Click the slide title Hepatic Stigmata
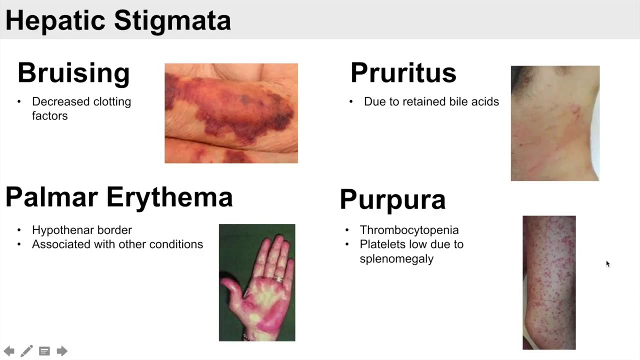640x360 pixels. click(x=118, y=21)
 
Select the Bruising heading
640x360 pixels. click(x=73, y=73)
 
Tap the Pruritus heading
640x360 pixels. click(x=403, y=73)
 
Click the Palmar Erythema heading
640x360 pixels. click(x=119, y=197)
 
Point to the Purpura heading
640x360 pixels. click(x=392, y=199)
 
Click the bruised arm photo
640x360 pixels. click(x=231, y=113)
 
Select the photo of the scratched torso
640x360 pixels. click(x=555, y=123)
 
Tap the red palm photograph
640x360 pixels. click(x=257, y=282)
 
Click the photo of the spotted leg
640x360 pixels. click(x=549, y=282)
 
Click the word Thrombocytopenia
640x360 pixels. click(x=409, y=230)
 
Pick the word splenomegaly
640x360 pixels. click(x=396, y=259)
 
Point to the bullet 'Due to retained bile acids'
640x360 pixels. click(x=431, y=101)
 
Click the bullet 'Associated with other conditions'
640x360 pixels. click(x=117, y=244)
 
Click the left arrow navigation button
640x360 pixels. click(x=9, y=351)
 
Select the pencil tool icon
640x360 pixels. click(x=26, y=351)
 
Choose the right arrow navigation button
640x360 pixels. click(x=62, y=351)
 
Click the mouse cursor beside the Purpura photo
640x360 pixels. click(x=607, y=263)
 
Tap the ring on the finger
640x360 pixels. click(x=278, y=278)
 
